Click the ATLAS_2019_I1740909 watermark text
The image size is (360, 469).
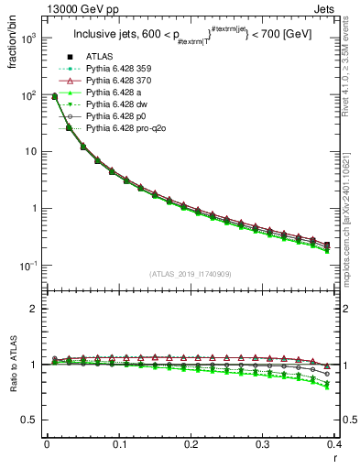coord(191,274)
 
